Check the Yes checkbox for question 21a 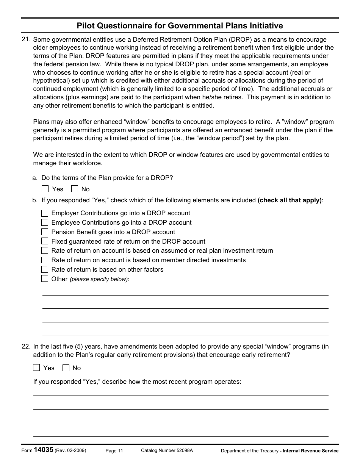point(45,189)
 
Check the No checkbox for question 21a point(75,189)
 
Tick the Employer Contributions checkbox point(45,213)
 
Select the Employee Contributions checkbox point(45,223)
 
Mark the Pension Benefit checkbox point(45,232)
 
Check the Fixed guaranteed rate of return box point(45,241)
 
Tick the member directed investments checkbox point(45,260)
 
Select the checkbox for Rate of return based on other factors point(45,269)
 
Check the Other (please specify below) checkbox point(45,279)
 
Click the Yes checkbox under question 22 point(36,367)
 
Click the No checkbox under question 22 point(66,367)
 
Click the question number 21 point(26,39)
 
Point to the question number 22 point(26,346)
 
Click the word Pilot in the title point(86,26)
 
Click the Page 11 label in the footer point(114,450)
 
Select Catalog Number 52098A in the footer point(167,450)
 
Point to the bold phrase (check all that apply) point(290,200)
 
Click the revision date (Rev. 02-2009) point(70,450)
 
